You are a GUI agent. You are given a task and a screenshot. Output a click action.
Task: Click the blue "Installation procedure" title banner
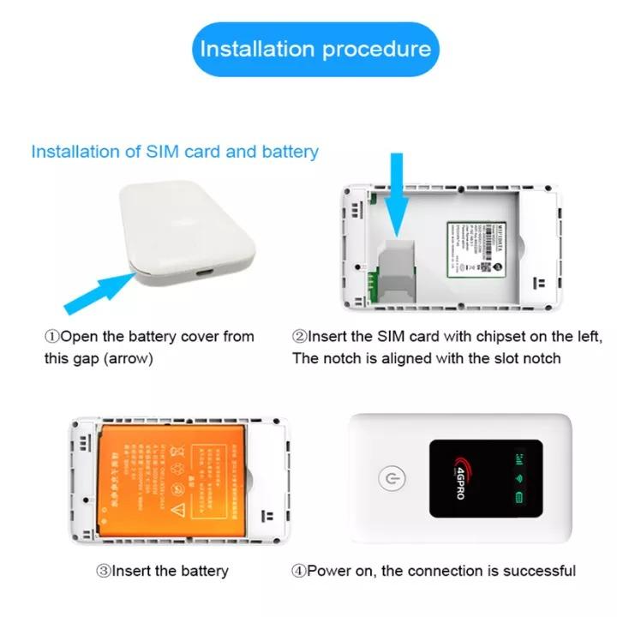pyautogui.click(x=314, y=49)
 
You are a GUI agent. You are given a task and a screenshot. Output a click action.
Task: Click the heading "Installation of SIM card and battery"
pyautogui.click(x=175, y=152)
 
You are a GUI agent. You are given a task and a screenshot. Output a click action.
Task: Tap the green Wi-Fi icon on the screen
pyautogui.click(x=518, y=478)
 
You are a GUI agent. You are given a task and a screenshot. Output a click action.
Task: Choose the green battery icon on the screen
pyautogui.click(x=518, y=497)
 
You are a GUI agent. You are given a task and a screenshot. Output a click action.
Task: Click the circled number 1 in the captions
pyautogui.click(x=51, y=336)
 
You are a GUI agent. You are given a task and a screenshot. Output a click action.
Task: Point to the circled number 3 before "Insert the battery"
pyautogui.click(x=104, y=571)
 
